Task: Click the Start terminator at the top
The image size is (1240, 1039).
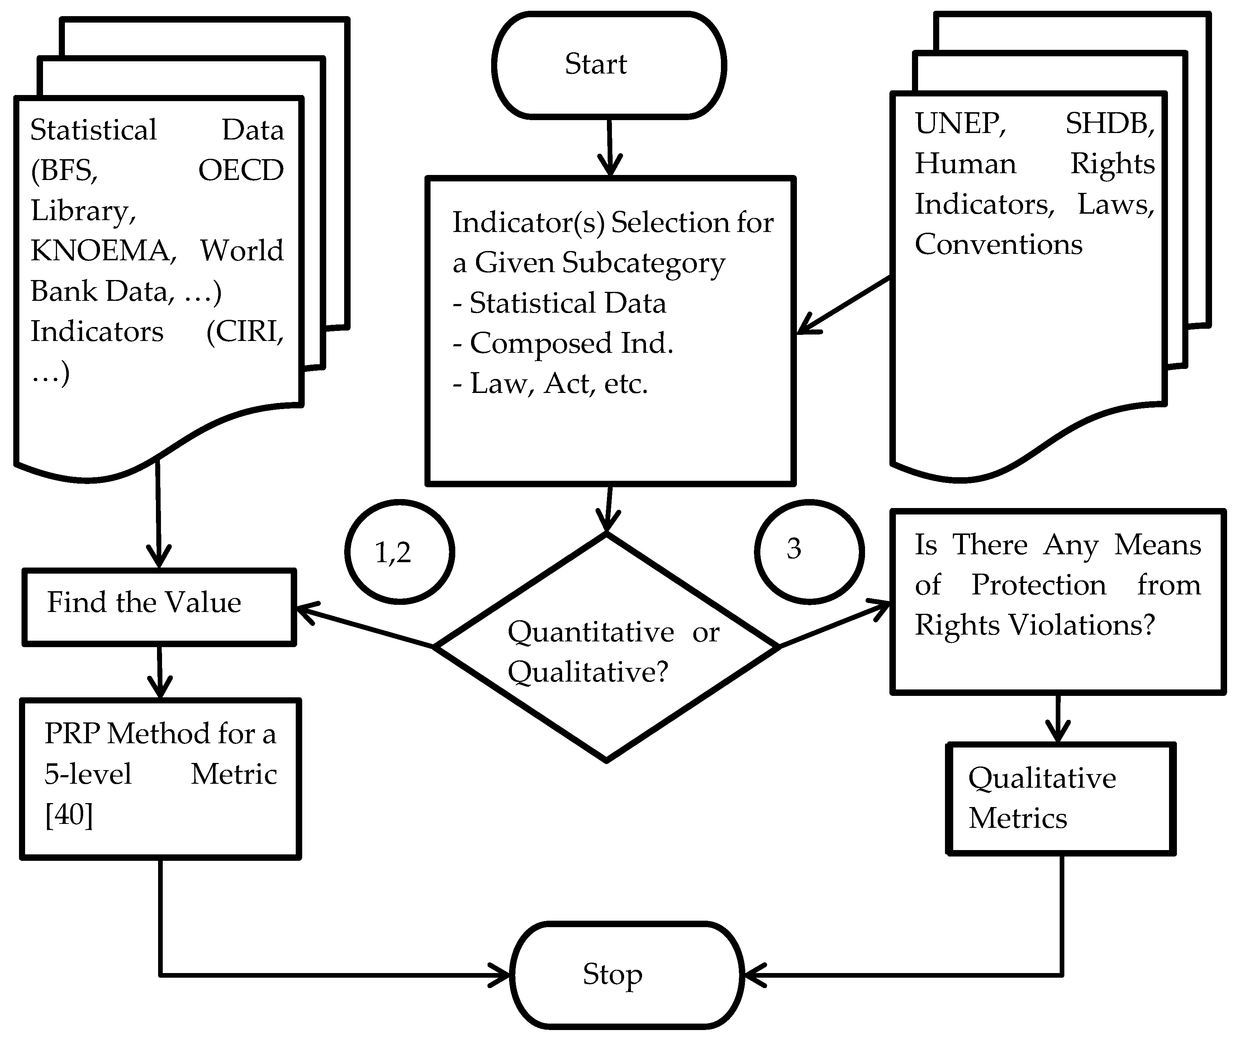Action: (609, 65)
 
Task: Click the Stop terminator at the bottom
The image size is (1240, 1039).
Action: (626, 974)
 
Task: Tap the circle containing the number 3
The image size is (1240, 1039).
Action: (809, 552)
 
